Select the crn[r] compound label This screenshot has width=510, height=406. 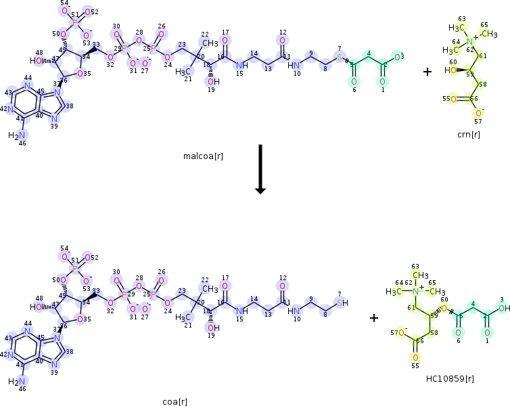[x=468, y=135]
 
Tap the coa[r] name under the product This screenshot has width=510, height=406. [x=175, y=401]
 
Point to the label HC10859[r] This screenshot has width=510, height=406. [x=450, y=378]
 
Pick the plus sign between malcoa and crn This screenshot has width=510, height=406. [x=427, y=70]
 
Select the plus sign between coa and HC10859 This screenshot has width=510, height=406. [x=374, y=317]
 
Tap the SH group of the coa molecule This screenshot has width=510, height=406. [x=342, y=302]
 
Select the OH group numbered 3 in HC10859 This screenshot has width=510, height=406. [x=503, y=309]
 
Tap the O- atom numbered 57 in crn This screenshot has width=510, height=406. [x=479, y=113]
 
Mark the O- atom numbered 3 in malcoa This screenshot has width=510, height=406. [x=400, y=58]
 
